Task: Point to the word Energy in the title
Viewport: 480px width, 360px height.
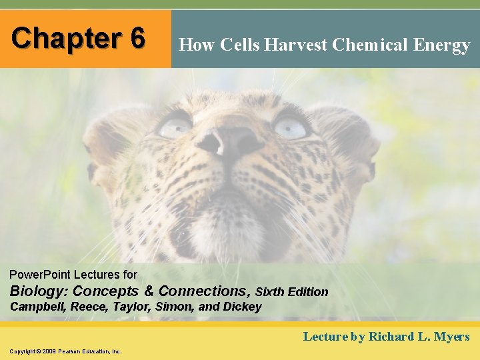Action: (x=443, y=45)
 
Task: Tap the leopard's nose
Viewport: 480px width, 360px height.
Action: (x=229, y=141)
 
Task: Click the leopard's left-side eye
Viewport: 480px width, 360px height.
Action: (x=175, y=125)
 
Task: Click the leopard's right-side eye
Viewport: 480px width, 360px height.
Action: (x=291, y=127)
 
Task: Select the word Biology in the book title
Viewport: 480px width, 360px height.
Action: (x=38, y=291)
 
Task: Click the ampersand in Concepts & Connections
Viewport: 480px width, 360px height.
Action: (x=149, y=291)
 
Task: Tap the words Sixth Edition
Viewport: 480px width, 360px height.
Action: (x=292, y=292)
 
